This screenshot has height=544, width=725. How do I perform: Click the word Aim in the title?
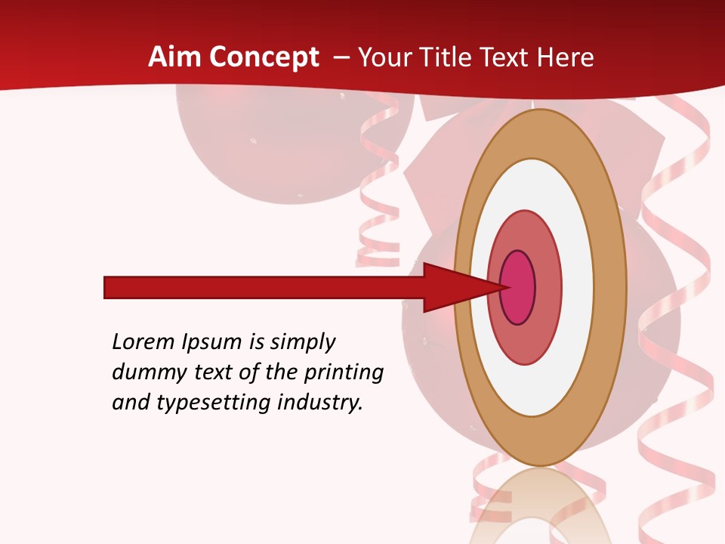point(175,57)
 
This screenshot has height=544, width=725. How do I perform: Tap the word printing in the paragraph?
point(343,373)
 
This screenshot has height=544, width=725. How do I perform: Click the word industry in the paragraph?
point(320,403)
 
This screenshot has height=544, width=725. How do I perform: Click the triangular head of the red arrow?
point(453,287)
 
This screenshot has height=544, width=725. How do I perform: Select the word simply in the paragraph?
point(303,342)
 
